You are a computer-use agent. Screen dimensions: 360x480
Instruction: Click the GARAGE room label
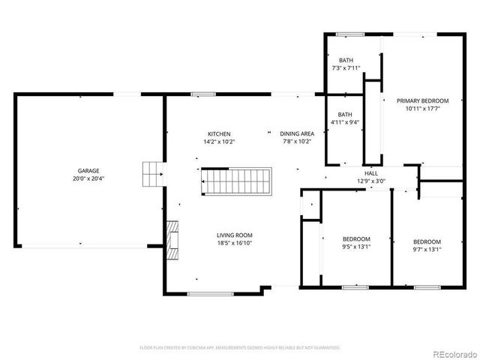(88, 170)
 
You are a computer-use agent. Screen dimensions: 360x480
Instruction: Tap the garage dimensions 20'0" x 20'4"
(88, 178)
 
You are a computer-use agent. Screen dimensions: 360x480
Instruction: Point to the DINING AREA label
(296, 133)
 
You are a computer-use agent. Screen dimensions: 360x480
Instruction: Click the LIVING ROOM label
(232, 235)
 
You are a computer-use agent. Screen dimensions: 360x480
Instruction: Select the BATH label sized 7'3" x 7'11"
(346, 60)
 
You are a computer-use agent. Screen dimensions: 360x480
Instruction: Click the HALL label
(370, 172)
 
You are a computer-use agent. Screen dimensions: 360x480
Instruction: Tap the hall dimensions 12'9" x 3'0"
(370, 180)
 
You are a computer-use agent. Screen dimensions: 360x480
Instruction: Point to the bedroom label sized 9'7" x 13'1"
(427, 241)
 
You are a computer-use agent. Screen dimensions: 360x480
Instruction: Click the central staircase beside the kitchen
(234, 181)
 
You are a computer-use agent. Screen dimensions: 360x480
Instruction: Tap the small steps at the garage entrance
(153, 174)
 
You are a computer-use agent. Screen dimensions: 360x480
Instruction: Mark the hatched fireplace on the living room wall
(172, 239)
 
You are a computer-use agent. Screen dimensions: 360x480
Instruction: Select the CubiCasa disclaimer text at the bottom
(240, 347)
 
